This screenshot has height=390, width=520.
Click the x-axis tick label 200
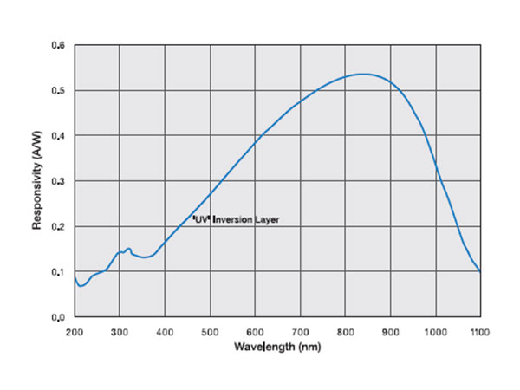[x=74, y=331]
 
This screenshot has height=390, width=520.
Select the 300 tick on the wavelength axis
[x=119, y=331]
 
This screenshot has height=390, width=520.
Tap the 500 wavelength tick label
[x=210, y=331]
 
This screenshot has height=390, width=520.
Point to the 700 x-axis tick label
[x=300, y=331]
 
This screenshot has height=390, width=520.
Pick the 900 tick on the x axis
[x=390, y=331]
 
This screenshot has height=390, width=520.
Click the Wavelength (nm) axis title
[x=276, y=346]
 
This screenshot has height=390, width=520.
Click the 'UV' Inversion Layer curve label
[x=236, y=220]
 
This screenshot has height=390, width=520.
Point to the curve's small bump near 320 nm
[x=128, y=249]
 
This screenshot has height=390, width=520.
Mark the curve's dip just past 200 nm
[x=81, y=286]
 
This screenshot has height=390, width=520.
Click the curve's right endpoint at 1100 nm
[x=480, y=272]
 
